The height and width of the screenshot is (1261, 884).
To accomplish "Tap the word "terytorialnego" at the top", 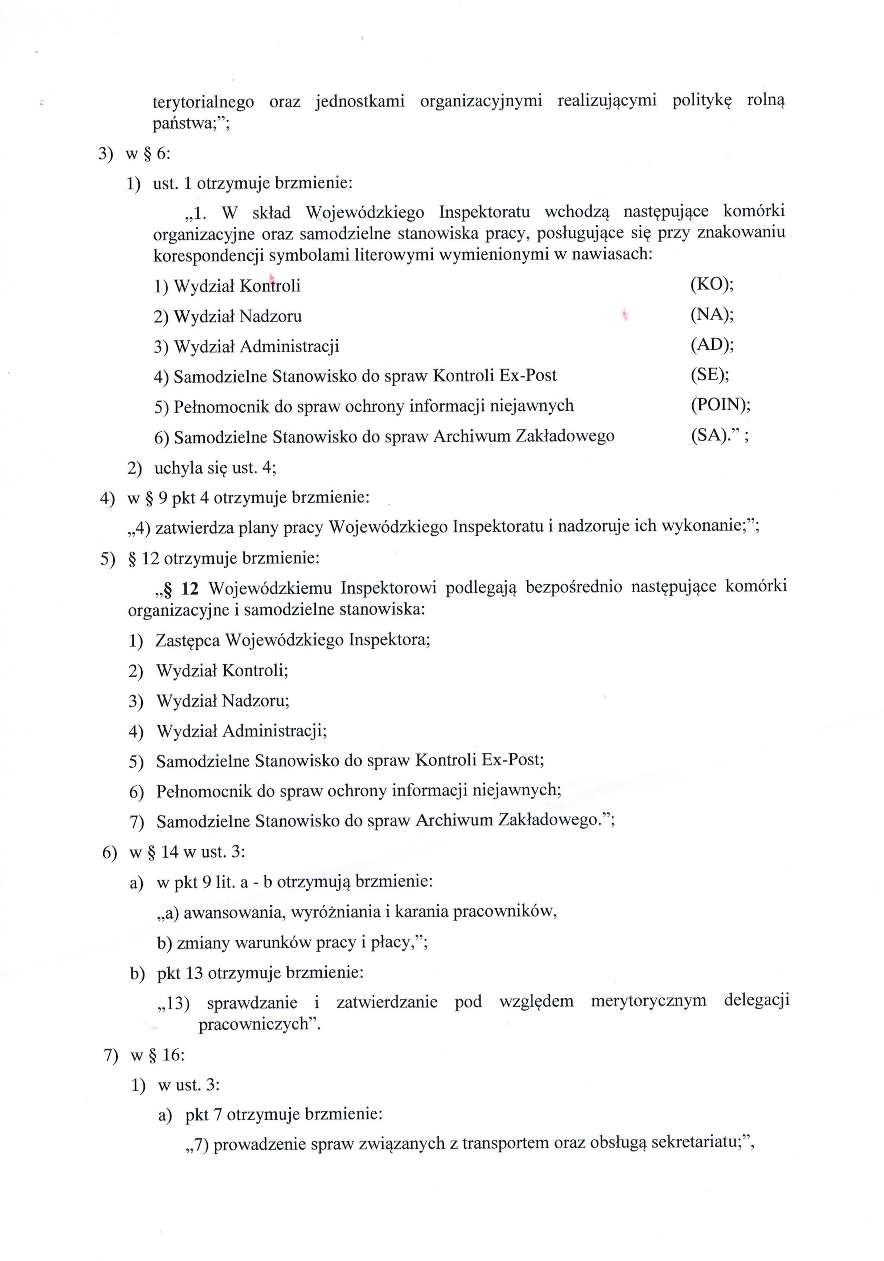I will pyautogui.click(x=203, y=102).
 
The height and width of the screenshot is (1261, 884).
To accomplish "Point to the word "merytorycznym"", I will pyautogui.click(x=648, y=1001).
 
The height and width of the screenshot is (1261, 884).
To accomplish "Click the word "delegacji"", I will pyautogui.click(x=756, y=1001).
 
